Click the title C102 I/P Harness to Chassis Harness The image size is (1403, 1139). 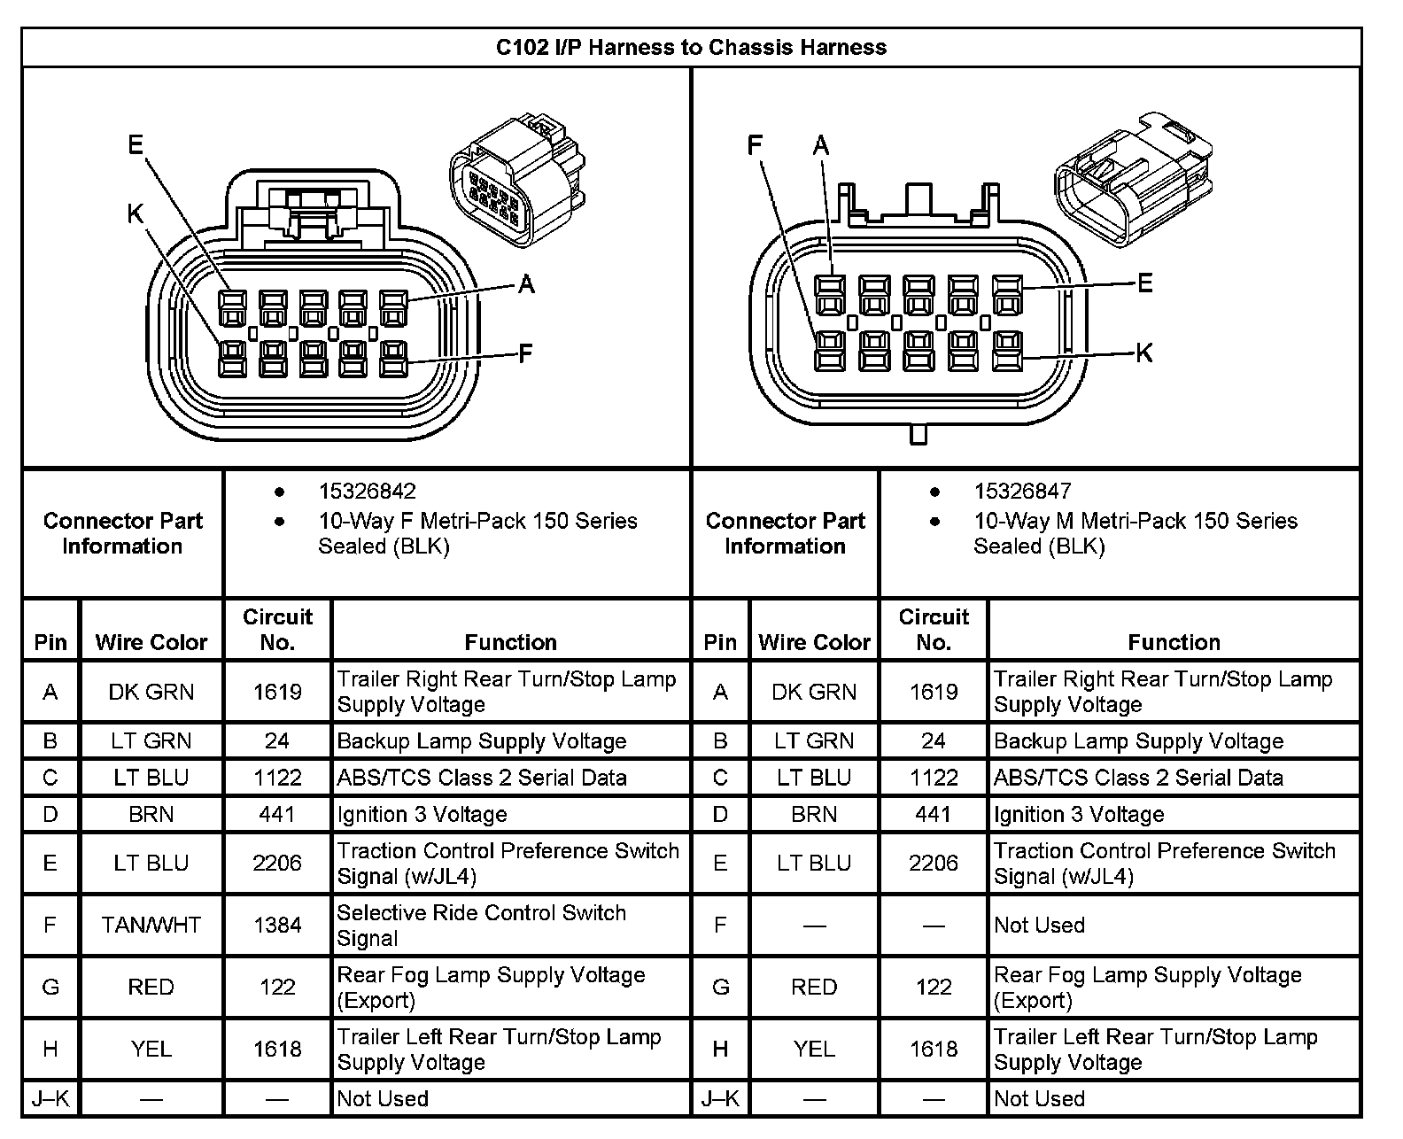(x=691, y=47)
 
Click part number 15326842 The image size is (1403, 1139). (x=367, y=492)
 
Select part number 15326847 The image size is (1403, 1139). (x=1022, y=492)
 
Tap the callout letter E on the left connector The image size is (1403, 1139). (x=136, y=144)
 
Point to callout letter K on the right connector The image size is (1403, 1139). (x=1143, y=353)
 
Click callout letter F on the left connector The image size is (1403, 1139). (x=525, y=354)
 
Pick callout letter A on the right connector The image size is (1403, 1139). (x=821, y=145)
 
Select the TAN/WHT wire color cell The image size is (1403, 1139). (x=151, y=926)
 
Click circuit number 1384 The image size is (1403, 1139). (x=277, y=926)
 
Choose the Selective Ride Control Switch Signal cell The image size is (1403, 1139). (x=482, y=926)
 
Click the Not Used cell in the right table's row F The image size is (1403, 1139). (x=1039, y=926)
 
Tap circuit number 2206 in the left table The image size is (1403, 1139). (x=277, y=864)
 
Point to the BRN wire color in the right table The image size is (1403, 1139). (x=814, y=814)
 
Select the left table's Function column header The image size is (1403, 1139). (x=511, y=642)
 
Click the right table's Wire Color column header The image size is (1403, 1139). (x=814, y=642)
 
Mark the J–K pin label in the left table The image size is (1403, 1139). (x=50, y=1099)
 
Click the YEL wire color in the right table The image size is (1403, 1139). (x=814, y=1050)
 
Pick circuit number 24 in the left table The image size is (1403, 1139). (x=277, y=741)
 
